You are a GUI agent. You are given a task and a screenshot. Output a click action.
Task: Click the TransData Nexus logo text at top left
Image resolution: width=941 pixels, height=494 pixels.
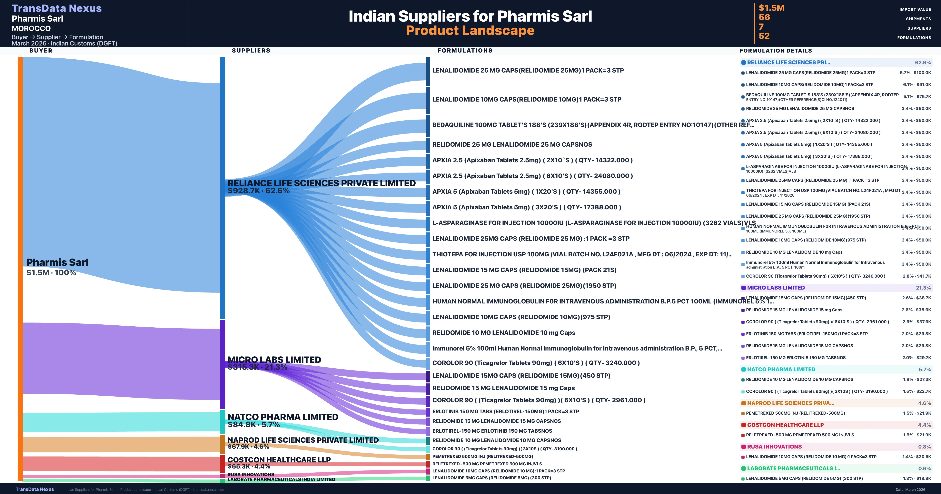point(57,8)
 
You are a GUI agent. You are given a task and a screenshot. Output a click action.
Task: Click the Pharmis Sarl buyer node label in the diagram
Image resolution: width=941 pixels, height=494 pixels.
point(57,262)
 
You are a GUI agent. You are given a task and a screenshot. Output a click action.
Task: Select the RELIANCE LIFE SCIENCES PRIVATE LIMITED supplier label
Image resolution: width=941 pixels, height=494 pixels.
point(322,183)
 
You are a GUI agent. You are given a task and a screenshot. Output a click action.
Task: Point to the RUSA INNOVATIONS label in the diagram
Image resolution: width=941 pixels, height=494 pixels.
point(251,474)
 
